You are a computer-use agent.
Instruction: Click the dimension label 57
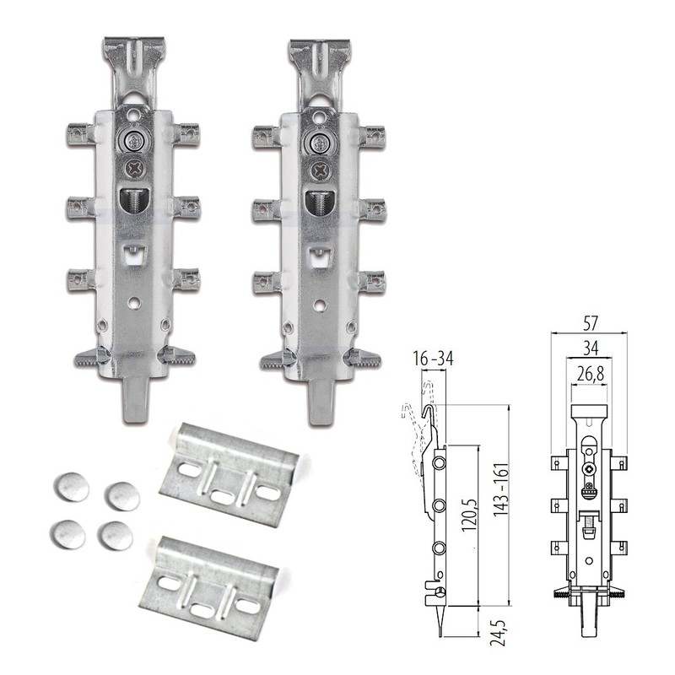(590, 322)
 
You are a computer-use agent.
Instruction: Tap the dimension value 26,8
(590, 374)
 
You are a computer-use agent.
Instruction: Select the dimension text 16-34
(433, 358)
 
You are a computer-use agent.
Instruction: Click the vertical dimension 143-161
(501, 490)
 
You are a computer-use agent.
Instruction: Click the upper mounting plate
(229, 475)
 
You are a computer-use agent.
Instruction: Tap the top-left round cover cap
(72, 487)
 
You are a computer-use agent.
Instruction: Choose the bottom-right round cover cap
(115, 536)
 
